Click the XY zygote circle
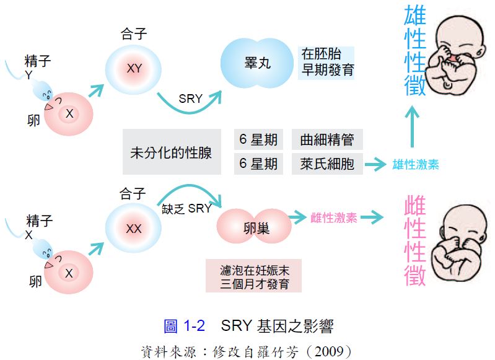(134, 69)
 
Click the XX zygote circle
(134, 228)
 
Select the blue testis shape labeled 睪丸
(256, 63)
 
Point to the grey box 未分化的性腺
(171, 152)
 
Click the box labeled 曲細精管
(326, 140)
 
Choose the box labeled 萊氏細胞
(326, 164)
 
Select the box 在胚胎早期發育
(328, 62)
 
